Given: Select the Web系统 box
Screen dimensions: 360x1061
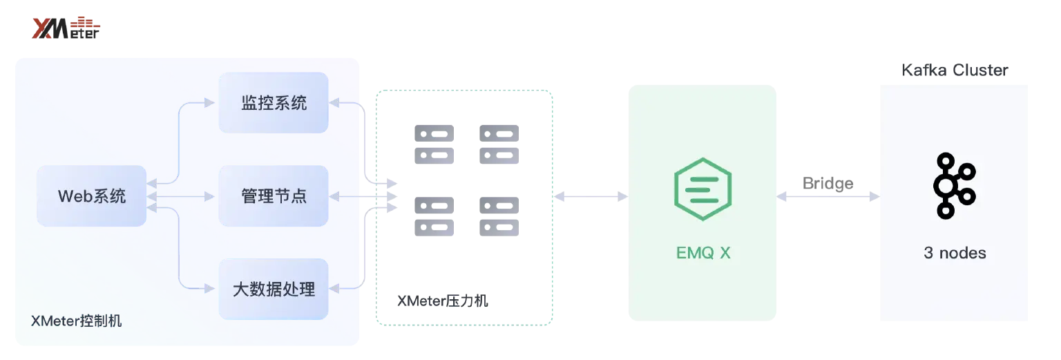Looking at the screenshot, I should (x=91, y=196).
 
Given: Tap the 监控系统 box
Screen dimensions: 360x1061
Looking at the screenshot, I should (x=274, y=103).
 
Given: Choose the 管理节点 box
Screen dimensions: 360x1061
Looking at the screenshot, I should (x=274, y=196).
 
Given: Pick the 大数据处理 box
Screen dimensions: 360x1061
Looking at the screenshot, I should (x=274, y=289).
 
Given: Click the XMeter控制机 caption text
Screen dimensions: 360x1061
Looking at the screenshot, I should (x=76, y=321).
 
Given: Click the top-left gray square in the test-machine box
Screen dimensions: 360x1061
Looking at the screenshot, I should (x=437, y=144).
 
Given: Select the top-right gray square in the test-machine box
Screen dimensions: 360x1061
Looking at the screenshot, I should (x=497, y=144).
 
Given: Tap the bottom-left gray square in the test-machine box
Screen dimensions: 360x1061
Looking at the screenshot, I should (x=437, y=216).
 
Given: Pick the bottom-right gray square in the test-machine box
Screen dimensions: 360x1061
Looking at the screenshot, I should (x=497, y=216).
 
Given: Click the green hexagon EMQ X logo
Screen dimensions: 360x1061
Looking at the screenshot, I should (x=702, y=189).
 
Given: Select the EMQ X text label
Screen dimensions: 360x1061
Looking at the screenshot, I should (x=702, y=254).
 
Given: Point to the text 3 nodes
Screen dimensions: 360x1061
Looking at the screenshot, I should (x=955, y=253).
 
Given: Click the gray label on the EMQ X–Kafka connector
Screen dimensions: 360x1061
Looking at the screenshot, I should (x=828, y=184).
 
